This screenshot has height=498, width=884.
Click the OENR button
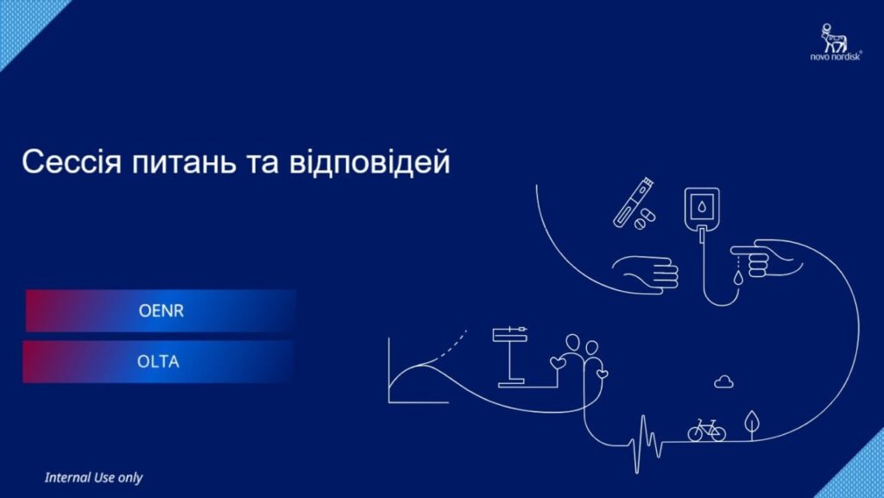(x=161, y=311)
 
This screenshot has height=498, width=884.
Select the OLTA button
(x=159, y=361)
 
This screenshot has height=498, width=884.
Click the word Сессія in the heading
(x=72, y=161)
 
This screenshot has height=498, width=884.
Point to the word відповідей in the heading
(x=369, y=161)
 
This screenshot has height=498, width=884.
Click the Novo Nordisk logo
(x=836, y=41)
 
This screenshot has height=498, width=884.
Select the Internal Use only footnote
(x=93, y=478)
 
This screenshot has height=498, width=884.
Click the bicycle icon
(x=706, y=430)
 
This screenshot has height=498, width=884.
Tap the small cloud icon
(x=724, y=382)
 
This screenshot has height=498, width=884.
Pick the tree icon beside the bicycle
(x=752, y=425)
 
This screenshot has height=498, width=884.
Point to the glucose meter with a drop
(x=702, y=210)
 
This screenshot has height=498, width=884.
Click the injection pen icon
(x=633, y=202)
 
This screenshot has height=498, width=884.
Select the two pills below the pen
(x=644, y=219)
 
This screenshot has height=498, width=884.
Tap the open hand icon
(x=646, y=274)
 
